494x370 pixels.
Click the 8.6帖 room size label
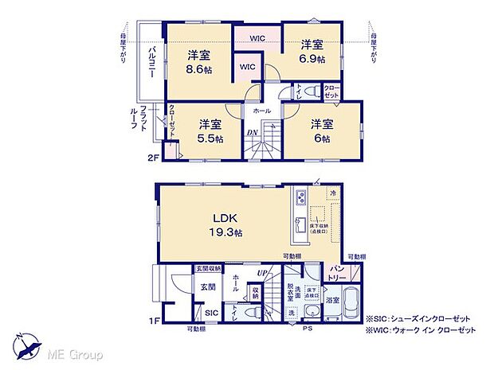pos(199,69)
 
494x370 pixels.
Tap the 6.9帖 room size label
pos(312,59)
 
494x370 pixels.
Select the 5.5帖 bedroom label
pos(210,138)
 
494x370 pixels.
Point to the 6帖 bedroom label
pos(321,138)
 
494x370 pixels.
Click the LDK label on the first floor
pos(223,216)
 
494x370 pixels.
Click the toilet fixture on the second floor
pos(309,91)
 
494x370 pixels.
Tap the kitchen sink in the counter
pos(299,225)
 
